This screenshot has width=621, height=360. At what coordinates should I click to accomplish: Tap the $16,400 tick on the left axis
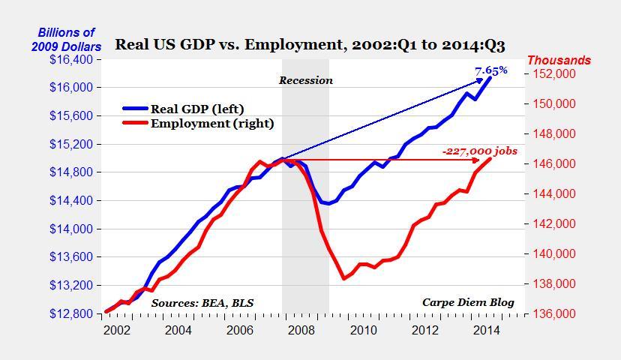click(x=72, y=59)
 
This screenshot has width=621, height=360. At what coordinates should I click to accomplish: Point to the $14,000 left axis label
click(x=72, y=229)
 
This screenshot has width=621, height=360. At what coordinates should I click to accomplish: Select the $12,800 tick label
click(x=72, y=313)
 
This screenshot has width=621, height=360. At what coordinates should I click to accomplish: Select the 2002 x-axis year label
click(x=115, y=330)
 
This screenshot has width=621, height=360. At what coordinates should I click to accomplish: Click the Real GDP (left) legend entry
click(x=197, y=109)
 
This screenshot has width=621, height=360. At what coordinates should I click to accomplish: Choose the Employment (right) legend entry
click(x=212, y=123)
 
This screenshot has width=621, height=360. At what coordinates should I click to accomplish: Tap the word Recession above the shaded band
click(x=306, y=80)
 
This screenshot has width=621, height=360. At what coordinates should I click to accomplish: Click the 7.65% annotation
click(x=491, y=70)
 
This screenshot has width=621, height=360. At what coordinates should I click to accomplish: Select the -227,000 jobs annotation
click(x=479, y=151)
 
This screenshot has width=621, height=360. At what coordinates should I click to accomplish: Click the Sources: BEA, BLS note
click(x=202, y=303)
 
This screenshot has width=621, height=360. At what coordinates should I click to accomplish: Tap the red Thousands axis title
click(x=559, y=60)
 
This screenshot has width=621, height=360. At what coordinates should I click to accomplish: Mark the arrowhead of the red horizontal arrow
click(x=478, y=160)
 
